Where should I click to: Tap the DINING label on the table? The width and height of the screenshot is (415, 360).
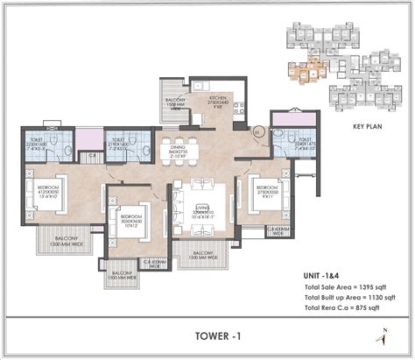tap(179, 151)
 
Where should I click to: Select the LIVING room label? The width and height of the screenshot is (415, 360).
tap(204, 209)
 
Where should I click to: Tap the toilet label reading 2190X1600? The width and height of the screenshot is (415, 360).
tap(118, 144)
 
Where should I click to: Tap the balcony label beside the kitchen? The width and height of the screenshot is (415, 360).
tap(172, 101)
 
